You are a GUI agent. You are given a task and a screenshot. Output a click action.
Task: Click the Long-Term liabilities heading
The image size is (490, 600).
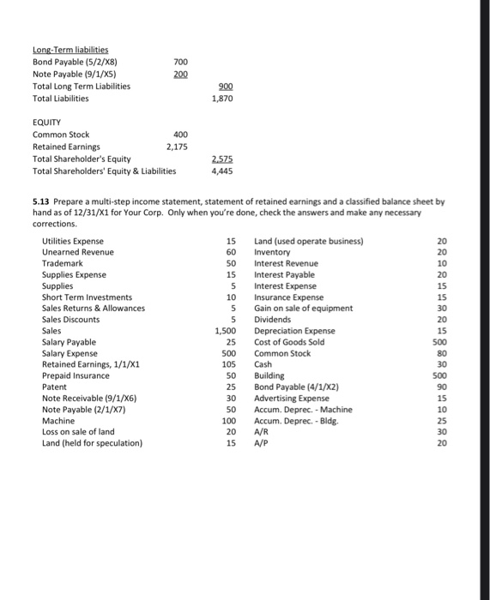pos(76,51)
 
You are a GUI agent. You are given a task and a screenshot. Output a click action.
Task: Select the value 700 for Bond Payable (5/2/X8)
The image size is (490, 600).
pos(180,63)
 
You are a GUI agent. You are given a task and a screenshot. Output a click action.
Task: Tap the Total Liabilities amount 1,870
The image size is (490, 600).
pos(221,99)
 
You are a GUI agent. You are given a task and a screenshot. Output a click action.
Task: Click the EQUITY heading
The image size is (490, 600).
pos(48,123)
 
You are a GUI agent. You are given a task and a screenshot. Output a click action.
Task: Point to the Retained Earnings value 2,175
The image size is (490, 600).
pos(177,147)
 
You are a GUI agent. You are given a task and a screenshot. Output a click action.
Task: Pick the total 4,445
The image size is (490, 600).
pos(221,171)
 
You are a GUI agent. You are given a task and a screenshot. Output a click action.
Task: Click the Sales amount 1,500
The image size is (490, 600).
pos(225,330)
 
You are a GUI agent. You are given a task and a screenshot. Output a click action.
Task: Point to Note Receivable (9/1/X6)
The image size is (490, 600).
pos(88,398)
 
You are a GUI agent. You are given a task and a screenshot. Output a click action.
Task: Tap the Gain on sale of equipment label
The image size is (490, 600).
pos(303,308)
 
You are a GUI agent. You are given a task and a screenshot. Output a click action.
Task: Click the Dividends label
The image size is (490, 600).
pos(275,319)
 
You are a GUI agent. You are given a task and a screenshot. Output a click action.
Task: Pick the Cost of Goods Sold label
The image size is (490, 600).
pos(289,341)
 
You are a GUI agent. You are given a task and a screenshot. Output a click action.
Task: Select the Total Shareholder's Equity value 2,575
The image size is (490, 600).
pos(221,159)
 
